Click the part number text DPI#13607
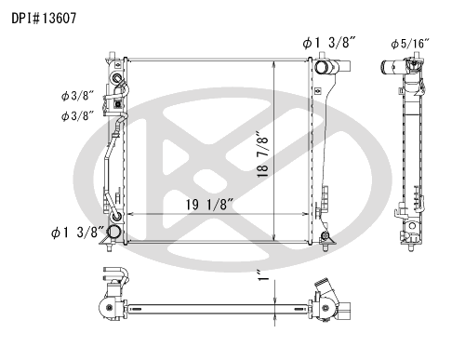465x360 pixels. coord(44,19)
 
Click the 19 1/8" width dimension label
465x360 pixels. coord(209,205)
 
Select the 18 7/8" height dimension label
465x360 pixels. coord(263,154)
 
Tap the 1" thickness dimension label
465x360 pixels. coord(263,275)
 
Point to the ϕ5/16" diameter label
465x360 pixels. coord(410,44)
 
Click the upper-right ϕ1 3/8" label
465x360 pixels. coord(328,43)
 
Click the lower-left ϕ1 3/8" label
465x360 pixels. coord(77,233)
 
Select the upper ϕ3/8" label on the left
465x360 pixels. coord(77,96)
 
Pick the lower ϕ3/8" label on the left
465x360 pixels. coord(77,116)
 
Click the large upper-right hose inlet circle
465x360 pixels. coord(322,68)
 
